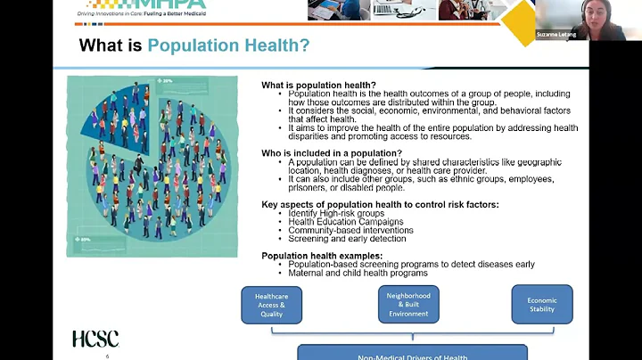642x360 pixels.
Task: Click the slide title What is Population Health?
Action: (x=194, y=45)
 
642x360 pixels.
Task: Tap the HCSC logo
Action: (x=95, y=339)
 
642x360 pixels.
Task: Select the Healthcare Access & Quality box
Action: (x=271, y=305)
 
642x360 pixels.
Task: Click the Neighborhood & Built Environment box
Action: (x=408, y=305)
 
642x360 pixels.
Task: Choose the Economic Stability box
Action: (x=542, y=305)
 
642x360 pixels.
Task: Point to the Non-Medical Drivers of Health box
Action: (x=412, y=354)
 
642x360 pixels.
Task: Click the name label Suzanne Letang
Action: (x=556, y=35)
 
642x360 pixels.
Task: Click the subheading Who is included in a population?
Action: (x=331, y=153)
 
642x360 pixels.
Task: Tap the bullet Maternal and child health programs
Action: (x=358, y=273)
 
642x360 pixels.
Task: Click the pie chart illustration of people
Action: (x=152, y=166)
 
